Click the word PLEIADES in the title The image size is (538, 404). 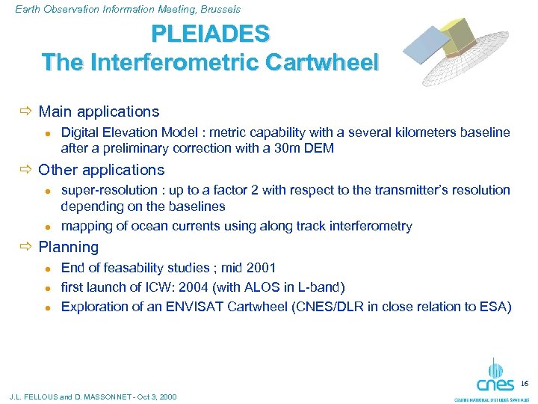point(211,34)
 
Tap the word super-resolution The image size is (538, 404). point(108,190)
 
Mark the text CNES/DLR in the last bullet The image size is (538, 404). point(356,307)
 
